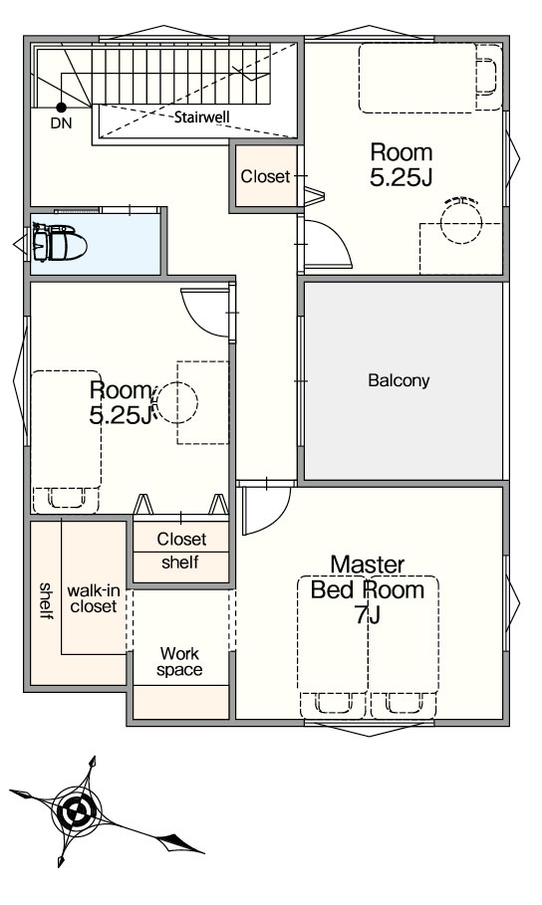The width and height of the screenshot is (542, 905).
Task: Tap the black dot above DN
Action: [x=61, y=107]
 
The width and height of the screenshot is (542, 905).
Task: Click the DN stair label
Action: [x=61, y=122]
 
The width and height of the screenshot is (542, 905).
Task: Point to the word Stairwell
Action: [x=202, y=117]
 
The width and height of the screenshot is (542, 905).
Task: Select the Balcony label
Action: [x=399, y=381]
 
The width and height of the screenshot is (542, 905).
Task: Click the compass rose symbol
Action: [x=75, y=812]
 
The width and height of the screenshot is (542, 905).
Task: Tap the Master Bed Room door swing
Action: [x=265, y=511]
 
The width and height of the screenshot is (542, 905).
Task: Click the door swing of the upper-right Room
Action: [x=328, y=244]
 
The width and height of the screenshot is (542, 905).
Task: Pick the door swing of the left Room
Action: [x=205, y=313]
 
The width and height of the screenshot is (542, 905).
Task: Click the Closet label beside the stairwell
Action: [x=265, y=176]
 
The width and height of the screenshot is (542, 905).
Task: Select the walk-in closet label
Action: [x=94, y=598]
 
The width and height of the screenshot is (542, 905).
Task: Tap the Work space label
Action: [x=179, y=661]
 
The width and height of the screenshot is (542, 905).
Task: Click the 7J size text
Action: [x=368, y=615]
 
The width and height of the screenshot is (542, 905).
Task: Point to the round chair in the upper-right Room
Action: [x=461, y=222]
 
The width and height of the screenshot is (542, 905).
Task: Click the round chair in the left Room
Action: [x=175, y=401]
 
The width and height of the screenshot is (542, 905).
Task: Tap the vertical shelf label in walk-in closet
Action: [x=46, y=600]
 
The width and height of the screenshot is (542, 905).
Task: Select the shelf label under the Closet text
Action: [x=180, y=562]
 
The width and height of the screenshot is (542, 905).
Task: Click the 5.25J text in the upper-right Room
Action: [x=401, y=178]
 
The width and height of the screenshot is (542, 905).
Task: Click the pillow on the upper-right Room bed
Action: [x=487, y=76]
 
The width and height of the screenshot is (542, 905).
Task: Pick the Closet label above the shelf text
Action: [x=181, y=539]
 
